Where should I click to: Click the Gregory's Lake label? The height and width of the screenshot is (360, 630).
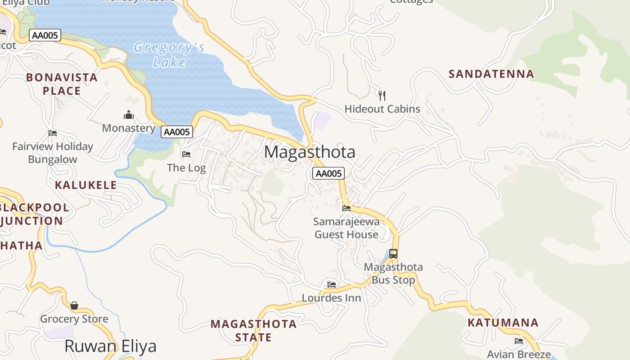click(x=169, y=54)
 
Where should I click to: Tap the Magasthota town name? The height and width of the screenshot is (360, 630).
click(x=310, y=152)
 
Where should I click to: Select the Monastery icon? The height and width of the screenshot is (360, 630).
click(x=129, y=115)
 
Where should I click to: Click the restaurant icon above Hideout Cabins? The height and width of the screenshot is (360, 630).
click(x=382, y=95)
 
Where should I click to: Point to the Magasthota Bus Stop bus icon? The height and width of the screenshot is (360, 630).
click(x=393, y=254)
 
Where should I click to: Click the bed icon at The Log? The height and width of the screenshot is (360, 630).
click(x=186, y=154)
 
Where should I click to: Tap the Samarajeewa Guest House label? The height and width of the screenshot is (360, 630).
click(x=346, y=228)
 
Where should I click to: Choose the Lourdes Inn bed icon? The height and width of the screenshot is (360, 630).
click(x=332, y=284)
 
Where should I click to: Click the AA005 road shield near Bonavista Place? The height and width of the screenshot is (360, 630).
click(x=45, y=35)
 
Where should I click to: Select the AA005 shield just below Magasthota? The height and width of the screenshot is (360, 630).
click(x=328, y=173)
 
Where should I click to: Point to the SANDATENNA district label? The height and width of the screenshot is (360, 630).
click(x=491, y=74)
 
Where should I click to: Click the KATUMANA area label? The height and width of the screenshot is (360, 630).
click(x=503, y=323)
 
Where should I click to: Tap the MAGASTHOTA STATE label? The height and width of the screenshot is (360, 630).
click(x=254, y=330)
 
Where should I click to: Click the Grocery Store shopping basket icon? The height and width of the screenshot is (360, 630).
click(x=74, y=306)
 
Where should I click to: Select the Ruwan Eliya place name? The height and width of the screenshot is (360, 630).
click(x=110, y=346)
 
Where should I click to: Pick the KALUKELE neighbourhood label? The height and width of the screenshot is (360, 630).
click(x=85, y=185)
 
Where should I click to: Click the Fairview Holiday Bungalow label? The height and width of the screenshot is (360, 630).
click(x=53, y=153)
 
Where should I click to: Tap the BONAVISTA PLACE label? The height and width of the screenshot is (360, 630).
click(x=62, y=84)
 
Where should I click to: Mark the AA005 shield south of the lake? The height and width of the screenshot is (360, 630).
click(x=177, y=132)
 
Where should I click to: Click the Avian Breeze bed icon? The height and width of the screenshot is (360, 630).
click(x=519, y=341)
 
